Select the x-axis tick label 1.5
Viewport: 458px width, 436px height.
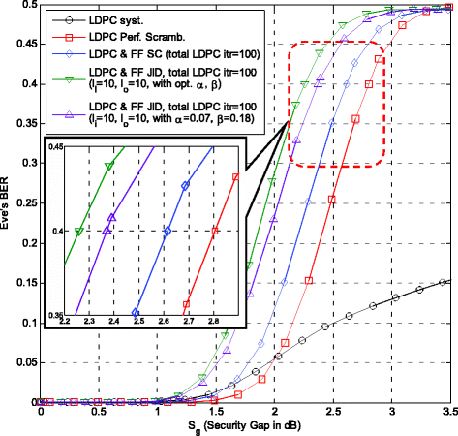216,412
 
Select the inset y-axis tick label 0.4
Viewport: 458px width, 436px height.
56,231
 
